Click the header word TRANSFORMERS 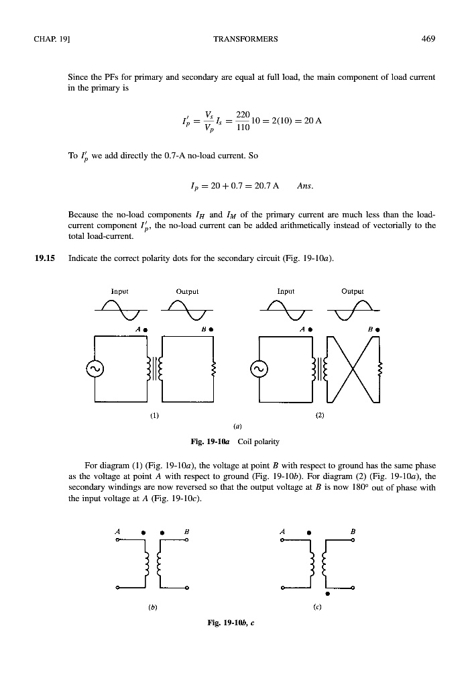pos(245,39)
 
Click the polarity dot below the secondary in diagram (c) pos(327,593)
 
